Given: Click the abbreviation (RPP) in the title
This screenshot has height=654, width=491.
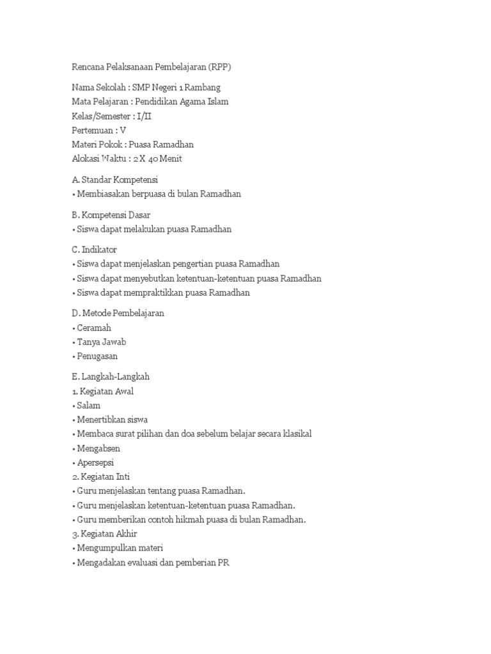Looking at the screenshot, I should tap(230, 67).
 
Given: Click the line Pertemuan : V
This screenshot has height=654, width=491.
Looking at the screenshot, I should tap(99, 130).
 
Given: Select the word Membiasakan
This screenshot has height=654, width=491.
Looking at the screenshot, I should tap(102, 193).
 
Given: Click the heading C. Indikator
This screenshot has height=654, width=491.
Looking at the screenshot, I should tap(95, 249).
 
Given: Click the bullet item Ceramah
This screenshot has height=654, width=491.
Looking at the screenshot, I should tap(93, 328).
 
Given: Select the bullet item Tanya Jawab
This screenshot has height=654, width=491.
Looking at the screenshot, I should tap(101, 342).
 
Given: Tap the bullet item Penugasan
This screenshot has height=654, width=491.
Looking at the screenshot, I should tap(97, 356).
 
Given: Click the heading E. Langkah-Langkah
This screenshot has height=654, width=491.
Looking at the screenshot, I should tap(111, 377).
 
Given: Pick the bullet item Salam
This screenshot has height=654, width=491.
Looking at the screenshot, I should tap(88, 405).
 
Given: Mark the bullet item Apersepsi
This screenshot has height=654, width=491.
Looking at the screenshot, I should tap(95, 462).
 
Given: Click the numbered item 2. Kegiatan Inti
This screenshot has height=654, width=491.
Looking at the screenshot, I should tap(104, 476).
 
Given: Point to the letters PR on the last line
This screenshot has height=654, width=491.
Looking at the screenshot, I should tap(221, 561).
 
